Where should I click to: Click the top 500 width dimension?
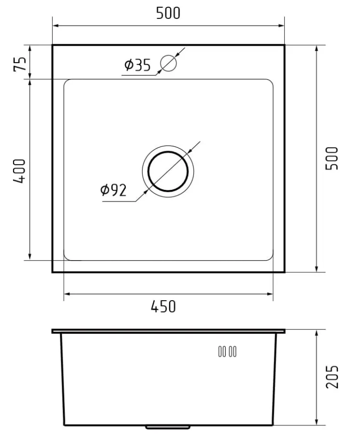point(168,13)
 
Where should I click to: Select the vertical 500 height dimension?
point(332,159)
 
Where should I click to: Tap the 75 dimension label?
point(20,64)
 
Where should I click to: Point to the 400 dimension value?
point(19,171)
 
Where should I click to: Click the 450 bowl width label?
point(163,306)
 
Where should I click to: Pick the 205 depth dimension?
point(332,377)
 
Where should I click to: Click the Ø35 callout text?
point(137,65)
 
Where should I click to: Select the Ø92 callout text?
point(113,190)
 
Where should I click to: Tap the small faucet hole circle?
point(168,64)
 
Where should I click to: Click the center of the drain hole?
point(168,172)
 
